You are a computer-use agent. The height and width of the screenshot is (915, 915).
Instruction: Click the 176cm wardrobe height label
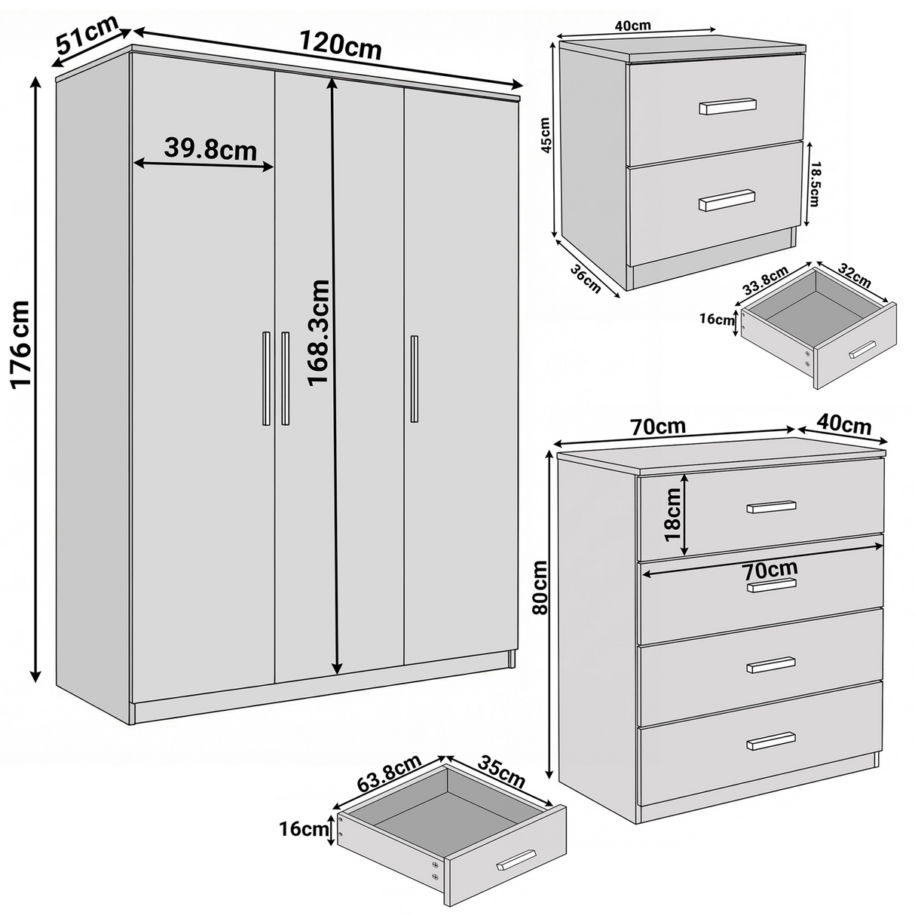coord(20,344)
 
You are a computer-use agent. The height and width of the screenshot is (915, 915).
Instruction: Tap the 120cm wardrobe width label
coord(340,46)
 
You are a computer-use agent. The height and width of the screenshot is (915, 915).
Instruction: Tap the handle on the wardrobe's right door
coord(415,379)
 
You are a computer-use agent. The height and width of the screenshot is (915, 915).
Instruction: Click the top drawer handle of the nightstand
coord(727,106)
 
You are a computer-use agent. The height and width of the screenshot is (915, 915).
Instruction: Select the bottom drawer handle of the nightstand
coord(727,200)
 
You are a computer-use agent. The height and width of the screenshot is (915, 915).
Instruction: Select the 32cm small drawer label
coord(853,277)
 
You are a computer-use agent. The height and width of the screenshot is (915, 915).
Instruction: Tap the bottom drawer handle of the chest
coord(770,741)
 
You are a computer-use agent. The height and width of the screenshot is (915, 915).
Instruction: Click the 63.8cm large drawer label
coord(389,773)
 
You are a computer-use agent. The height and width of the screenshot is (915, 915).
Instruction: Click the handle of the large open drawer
coord(516,860)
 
